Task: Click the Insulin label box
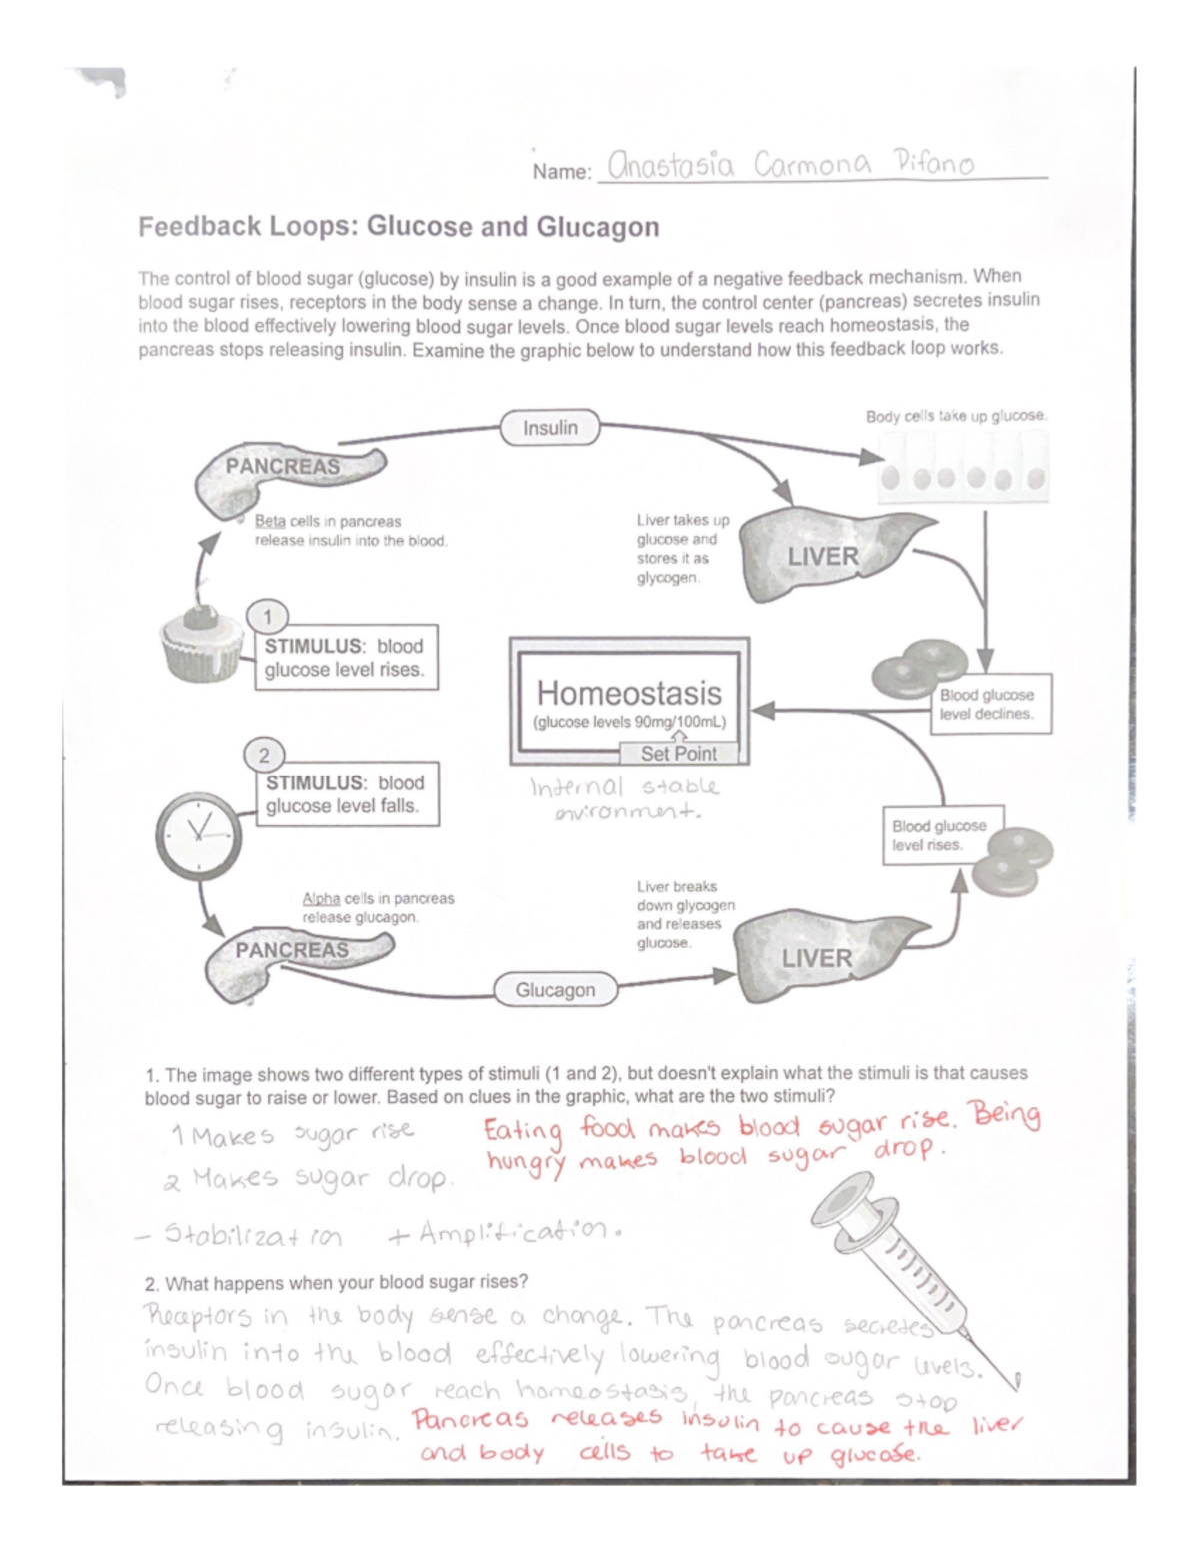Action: click(x=550, y=428)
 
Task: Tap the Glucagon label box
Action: click(x=555, y=990)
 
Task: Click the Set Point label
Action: click(x=678, y=754)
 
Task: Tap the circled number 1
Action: click(x=267, y=616)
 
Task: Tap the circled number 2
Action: click(x=264, y=755)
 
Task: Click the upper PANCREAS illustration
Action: click(x=290, y=477)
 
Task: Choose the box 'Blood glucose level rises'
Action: click(x=940, y=835)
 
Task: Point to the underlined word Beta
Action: click(x=270, y=521)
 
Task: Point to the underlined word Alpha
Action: click(x=321, y=898)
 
